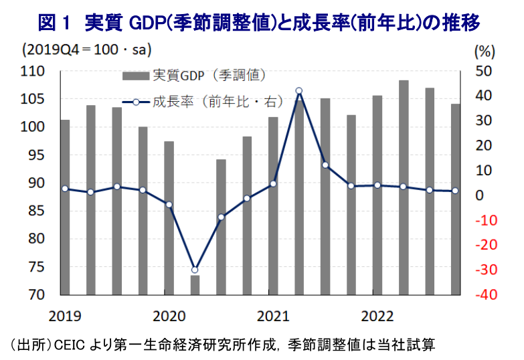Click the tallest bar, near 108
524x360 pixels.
click(404, 187)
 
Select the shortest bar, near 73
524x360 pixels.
click(195, 284)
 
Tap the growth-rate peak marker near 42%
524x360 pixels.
click(298, 90)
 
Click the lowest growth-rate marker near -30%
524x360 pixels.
click(195, 270)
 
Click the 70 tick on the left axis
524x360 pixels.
click(36, 295)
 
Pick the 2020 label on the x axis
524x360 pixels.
click(169, 314)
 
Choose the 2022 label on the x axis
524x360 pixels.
click(377, 314)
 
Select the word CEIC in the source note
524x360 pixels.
click(66, 345)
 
